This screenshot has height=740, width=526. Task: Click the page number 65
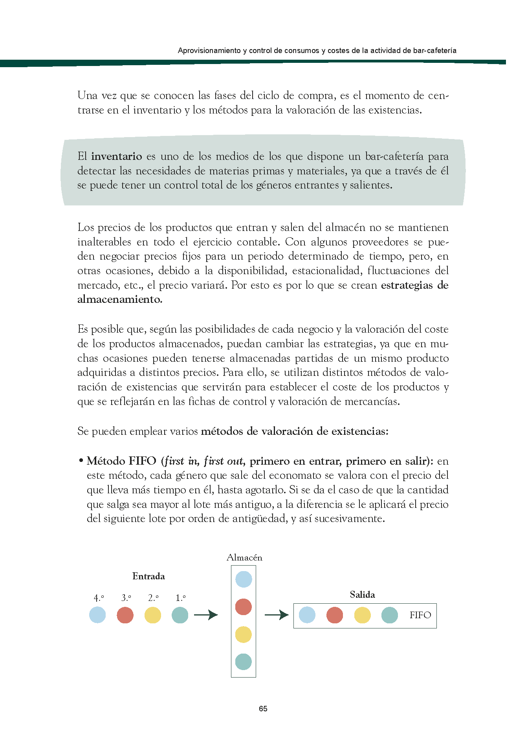(x=263, y=709)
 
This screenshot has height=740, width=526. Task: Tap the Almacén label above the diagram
(x=244, y=557)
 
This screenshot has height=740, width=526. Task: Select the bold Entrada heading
(x=148, y=576)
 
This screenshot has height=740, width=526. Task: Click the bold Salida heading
(x=362, y=594)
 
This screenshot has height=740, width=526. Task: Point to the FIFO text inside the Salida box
(x=420, y=615)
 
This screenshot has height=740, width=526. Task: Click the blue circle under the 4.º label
(x=97, y=615)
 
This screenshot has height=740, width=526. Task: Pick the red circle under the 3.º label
(x=125, y=615)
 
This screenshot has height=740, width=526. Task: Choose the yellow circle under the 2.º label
(x=152, y=615)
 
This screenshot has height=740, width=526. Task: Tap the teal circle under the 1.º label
(x=180, y=615)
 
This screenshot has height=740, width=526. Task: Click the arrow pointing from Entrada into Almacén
(x=206, y=615)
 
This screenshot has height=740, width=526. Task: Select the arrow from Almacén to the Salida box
(x=277, y=615)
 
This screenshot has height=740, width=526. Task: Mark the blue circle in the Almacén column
(x=244, y=579)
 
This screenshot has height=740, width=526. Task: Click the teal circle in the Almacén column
(x=244, y=662)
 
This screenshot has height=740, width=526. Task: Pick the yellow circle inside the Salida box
(x=362, y=615)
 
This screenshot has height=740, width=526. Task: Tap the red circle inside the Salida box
(x=335, y=615)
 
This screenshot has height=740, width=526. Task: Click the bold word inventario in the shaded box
(x=116, y=156)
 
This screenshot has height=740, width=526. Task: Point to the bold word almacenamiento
(x=119, y=299)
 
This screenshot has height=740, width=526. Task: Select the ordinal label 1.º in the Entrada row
(x=180, y=598)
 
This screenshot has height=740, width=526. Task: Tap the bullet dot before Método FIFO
(x=81, y=460)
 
